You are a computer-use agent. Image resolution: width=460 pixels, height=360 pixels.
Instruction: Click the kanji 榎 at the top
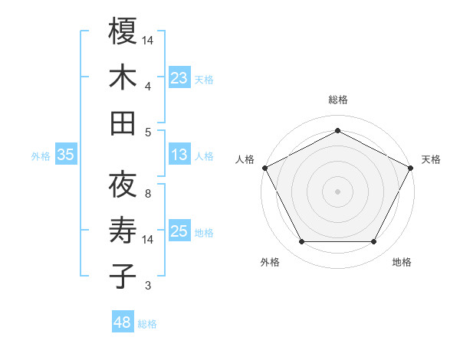[123, 31]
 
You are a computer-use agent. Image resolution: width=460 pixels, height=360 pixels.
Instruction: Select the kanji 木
[123, 77]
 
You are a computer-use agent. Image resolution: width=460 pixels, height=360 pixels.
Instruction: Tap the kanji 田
[123, 123]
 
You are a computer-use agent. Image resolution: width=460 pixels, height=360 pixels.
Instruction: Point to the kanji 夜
[123, 185]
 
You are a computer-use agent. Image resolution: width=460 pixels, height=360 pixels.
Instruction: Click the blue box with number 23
[179, 77]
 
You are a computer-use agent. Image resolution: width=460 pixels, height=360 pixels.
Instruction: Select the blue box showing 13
[179, 155]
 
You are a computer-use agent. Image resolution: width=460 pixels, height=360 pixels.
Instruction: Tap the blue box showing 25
[179, 231]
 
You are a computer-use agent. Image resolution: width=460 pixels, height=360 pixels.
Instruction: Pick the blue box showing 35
[65, 155]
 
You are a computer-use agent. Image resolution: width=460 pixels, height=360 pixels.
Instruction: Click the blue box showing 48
[123, 322]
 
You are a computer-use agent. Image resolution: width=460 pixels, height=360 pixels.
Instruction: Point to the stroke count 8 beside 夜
[148, 194]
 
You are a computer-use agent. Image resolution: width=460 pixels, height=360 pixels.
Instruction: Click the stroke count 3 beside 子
[148, 286]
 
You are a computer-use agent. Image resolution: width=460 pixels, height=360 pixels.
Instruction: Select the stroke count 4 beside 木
[148, 87]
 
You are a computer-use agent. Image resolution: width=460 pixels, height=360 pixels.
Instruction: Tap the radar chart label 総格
[337, 100]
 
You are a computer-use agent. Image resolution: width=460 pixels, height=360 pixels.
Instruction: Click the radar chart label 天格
[431, 159]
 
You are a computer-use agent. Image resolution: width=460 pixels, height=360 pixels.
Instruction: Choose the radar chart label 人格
[245, 159]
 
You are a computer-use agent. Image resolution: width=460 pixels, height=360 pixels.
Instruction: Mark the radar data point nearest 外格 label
[301, 242]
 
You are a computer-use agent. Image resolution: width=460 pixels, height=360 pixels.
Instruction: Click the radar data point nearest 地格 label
[374, 242]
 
